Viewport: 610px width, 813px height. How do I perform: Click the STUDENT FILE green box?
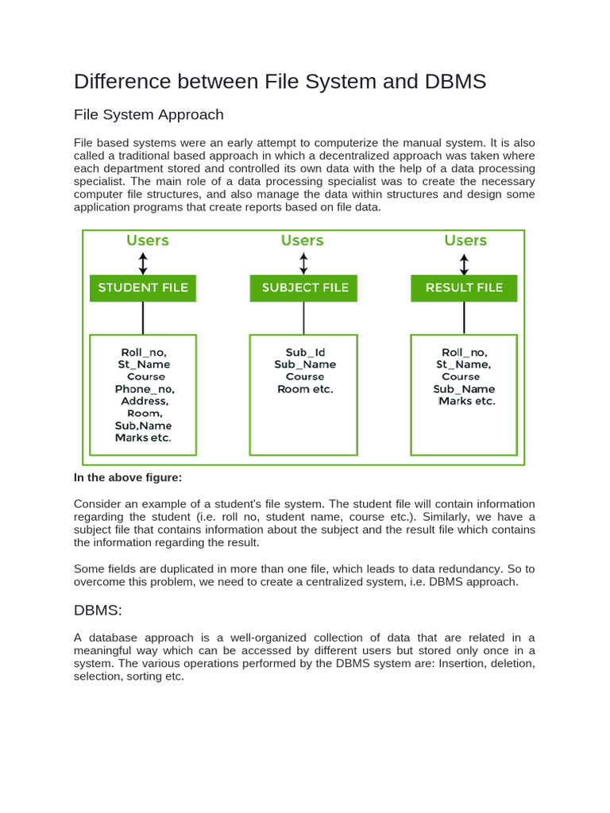pos(143,287)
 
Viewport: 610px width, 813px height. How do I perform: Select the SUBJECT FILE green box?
pos(304,287)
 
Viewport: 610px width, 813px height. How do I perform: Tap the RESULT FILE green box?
pos(464,287)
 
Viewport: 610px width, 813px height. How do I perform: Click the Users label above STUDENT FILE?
pos(148,241)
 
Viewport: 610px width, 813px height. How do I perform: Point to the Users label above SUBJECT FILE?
pos(302,241)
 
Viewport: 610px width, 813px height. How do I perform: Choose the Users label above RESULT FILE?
pos(465,241)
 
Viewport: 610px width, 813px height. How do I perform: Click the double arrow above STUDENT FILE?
pos(143,264)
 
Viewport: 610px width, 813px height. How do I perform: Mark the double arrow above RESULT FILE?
pos(464,264)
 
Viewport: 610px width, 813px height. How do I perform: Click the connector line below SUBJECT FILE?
pos(303,318)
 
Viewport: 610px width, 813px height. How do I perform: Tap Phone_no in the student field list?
pos(144,389)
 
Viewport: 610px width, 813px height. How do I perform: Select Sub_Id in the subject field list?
pos(305,353)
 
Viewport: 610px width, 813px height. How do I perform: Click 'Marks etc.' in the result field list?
pos(467,401)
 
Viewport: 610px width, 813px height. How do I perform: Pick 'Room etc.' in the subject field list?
pos(305,389)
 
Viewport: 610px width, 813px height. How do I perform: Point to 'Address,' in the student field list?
pos(144,401)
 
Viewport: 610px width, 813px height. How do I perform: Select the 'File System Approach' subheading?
pos(149,114)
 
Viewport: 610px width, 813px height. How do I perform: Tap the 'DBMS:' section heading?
pos(98,610)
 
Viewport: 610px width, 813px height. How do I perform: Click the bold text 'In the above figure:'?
pos(128,477)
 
